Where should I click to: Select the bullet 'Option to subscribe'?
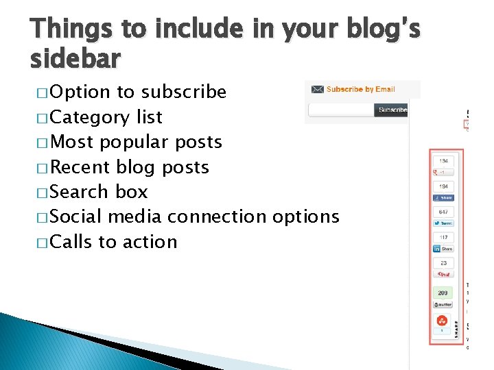click(x=138, y=92)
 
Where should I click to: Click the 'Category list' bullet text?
click(x=106, y=117)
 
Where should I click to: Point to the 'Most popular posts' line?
click(x=136, y=142)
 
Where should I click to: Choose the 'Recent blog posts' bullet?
click(x=130, y=167)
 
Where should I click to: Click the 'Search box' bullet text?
click(x=99, y=192)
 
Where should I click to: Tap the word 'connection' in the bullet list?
click(x=217, y=217)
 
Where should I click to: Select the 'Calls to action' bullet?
click(x=114, y=242)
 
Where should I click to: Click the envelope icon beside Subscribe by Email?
click(x=317, y=89)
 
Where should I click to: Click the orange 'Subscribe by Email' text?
click(x=360, y=89)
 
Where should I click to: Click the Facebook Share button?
click(x=443, y=198)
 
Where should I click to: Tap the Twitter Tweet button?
click(x=443, y=223)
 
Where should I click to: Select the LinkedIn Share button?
click(x=443, y=249)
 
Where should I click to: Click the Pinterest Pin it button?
click(x=443, y=274)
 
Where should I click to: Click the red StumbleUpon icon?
click(x=443, y=320)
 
